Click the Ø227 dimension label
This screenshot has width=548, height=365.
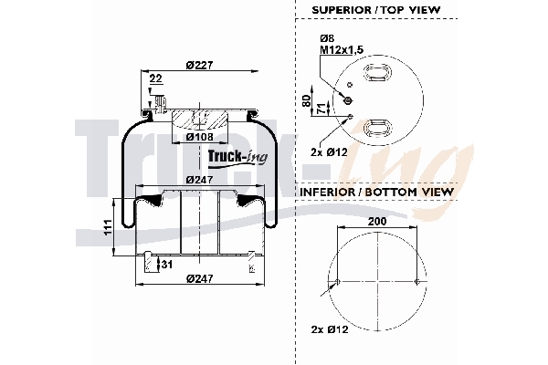(x=199, y=64)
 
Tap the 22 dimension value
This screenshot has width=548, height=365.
(x=156, y=79)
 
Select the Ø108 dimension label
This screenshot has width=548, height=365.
(x=200, y=138)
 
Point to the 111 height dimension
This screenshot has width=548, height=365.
(x=107, y=226)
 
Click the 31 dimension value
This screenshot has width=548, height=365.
(x=167, y=265)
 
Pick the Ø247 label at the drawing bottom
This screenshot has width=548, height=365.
(x=199, y=277)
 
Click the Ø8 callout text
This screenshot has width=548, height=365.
(x=327, y=37)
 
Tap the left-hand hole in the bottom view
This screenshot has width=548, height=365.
(x=328, y=292)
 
